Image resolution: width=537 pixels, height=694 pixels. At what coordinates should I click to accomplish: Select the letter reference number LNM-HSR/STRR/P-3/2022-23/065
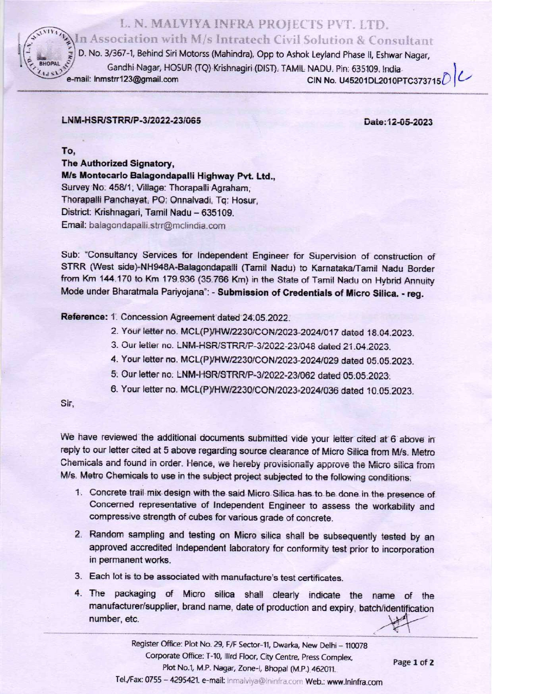131,121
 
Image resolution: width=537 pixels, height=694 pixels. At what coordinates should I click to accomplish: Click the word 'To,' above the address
68,151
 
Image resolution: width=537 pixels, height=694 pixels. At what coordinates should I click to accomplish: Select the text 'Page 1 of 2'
413,662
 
